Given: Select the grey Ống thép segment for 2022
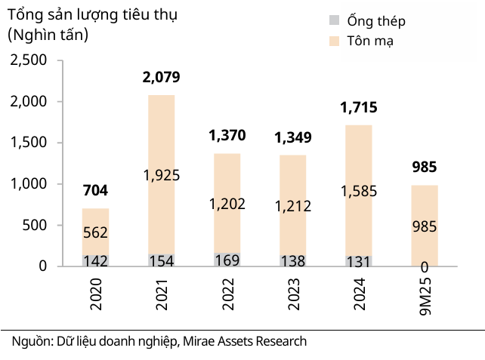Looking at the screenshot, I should click(x=227, y=260).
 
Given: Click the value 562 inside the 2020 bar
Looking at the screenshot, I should click(x=95, y=234).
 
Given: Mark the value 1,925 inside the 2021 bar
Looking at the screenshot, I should click(x=161, y=175).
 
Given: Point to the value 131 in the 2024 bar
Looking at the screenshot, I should click(x=359, y=261).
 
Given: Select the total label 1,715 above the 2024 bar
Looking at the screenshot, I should click(x=359, y=107).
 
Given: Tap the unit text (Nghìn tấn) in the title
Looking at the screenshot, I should click(x=48, y=34).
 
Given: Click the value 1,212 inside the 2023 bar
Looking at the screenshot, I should click(x=292, y=205).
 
